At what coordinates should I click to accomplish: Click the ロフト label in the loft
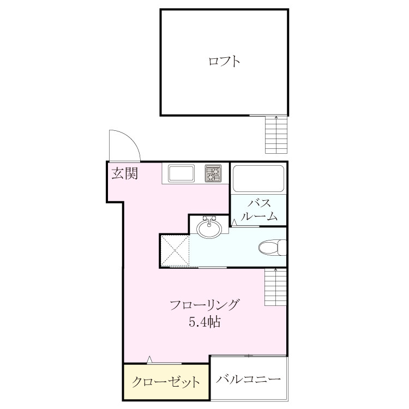pos(224,62)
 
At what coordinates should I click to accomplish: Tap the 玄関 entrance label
pos(125,173)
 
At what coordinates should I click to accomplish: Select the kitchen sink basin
pos(181,173)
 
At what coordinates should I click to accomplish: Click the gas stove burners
pos(213,173)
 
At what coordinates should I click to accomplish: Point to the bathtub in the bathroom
pos(258,179)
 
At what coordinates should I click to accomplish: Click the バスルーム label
pos(258,210)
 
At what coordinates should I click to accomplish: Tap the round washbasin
pos(209,228)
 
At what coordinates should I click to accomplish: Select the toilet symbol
pos(272,247)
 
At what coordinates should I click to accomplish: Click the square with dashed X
pos(175,251)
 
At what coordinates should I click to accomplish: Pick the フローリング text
pos(204,305)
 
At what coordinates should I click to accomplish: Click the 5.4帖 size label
pos(204,322)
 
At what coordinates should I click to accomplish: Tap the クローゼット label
pos(166,382)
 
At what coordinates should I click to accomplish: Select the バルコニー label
pos(248,379)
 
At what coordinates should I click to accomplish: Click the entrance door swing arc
pos(132,139)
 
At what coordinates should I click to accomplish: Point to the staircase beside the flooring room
pos(276,287)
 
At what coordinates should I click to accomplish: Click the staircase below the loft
pos(276,135)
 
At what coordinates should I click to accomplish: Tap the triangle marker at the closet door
pos(149,360)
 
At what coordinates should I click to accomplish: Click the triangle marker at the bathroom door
pos(234,222)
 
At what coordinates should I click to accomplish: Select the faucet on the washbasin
pos(209,220)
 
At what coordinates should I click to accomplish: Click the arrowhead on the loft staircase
pos(276,117)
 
